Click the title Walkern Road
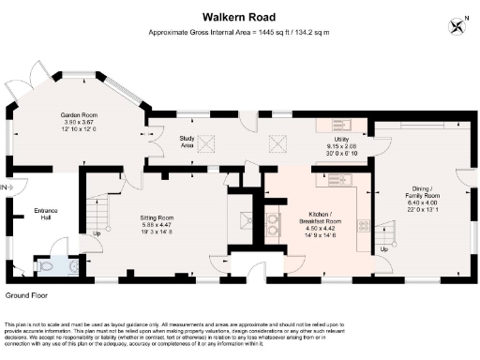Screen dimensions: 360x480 point(239,17)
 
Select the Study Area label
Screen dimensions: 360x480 point(187,142)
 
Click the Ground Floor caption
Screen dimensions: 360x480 point(26,294)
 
